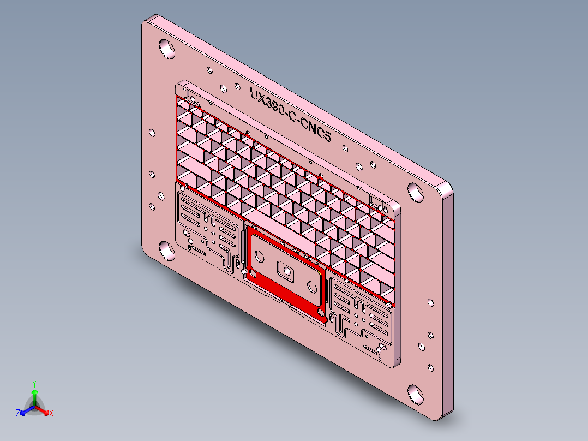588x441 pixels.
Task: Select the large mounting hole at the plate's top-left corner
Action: (167, 49)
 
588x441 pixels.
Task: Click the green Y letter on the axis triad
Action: (34, 384)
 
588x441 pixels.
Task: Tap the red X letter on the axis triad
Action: (51, 414)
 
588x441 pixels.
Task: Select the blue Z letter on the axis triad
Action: (18, 414)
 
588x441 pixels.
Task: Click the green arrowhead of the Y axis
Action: (34, 392)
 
